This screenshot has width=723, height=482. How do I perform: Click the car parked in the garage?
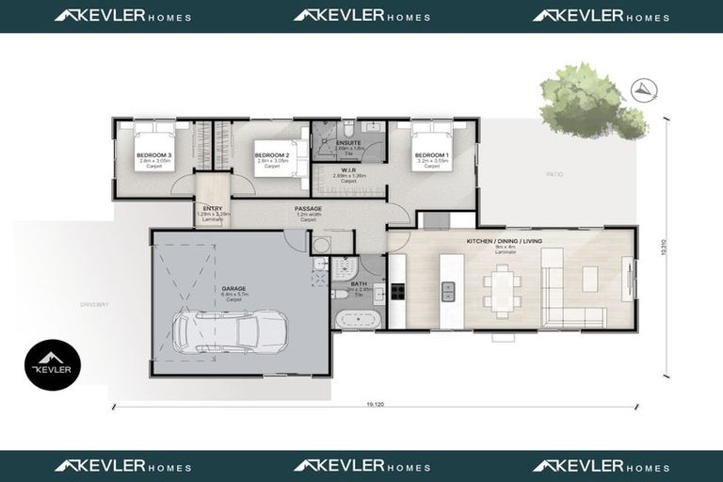(229, 331)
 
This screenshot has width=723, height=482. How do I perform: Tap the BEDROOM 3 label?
(153, 154)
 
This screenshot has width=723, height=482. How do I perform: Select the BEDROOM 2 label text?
(271, 154)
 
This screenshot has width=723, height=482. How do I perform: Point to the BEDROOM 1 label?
(431, 154)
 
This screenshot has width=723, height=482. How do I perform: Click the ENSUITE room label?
(348, 142)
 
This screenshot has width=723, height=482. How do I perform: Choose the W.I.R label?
(348, 170)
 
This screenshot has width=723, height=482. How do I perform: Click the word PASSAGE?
(308, 208)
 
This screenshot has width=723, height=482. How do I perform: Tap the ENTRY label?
(213, 208)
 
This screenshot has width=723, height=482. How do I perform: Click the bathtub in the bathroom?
(359, 318)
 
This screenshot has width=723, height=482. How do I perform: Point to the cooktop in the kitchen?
(397, 291)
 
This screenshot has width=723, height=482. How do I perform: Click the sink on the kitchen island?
(449, 292)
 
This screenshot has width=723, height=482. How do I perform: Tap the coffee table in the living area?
(589, 279)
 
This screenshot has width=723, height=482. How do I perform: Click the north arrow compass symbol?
(645, 89)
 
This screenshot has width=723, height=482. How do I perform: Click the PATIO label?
(554, 174)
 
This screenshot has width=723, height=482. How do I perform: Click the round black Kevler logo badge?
(53, 365)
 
